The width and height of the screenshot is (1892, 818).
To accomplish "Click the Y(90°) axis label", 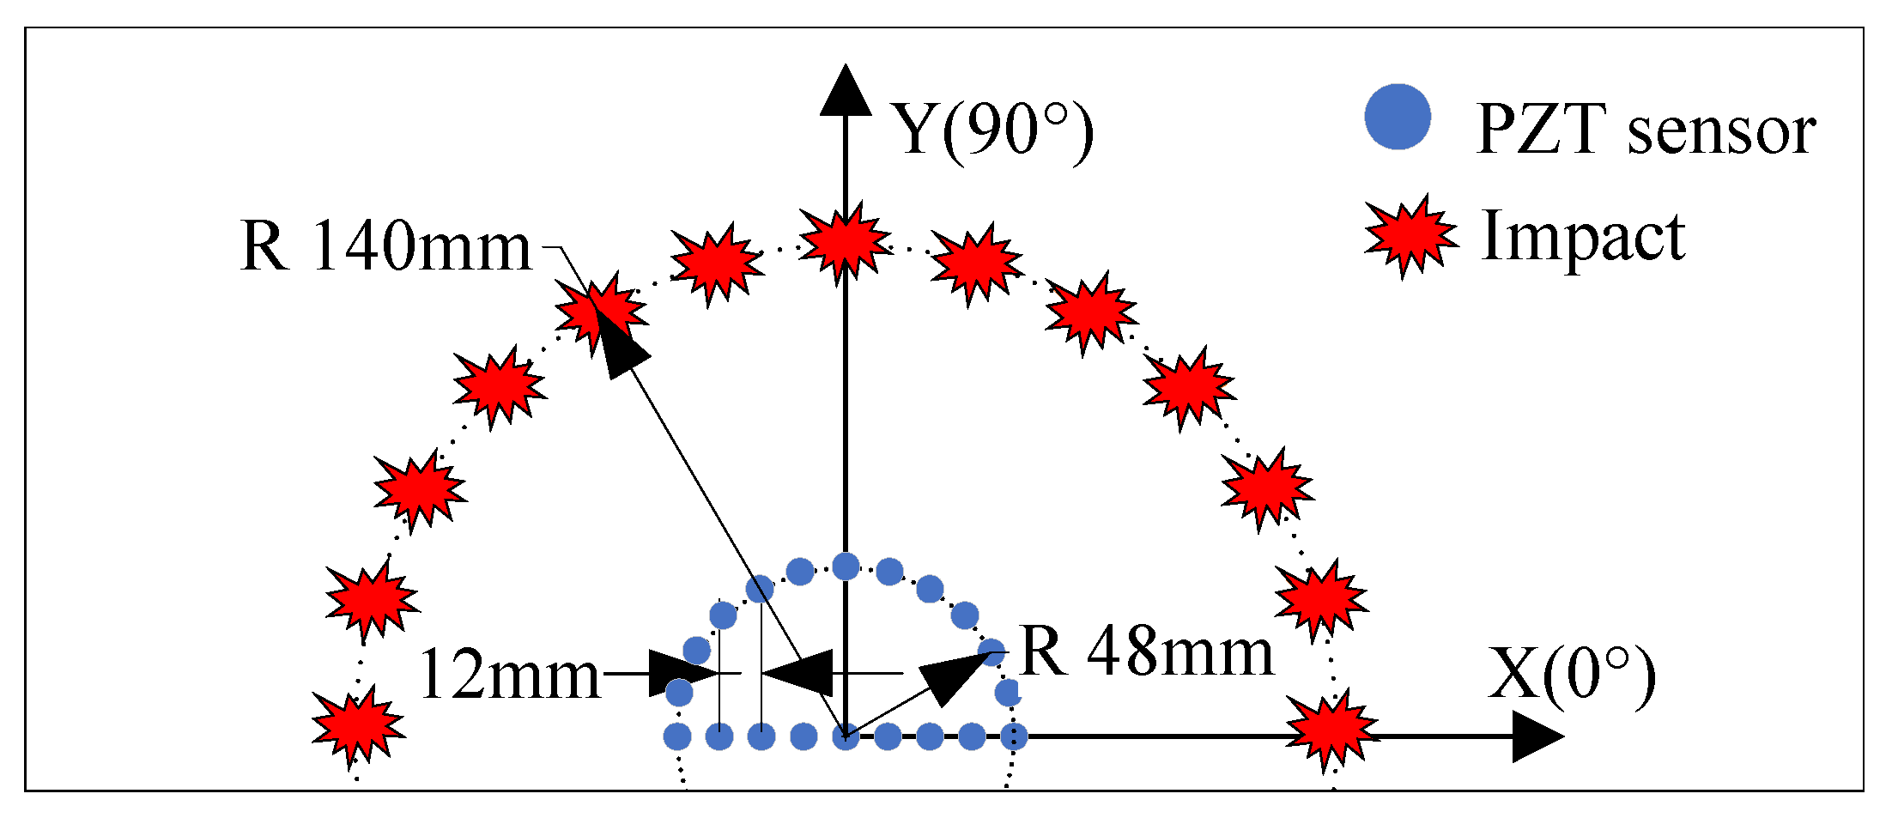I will tap(992, 130).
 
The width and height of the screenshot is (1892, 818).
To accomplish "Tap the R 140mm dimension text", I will tap(386, 246).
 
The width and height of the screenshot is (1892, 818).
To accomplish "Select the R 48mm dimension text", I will tap(1147, 652).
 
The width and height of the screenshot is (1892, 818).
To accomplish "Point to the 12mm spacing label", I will tap(509, 676).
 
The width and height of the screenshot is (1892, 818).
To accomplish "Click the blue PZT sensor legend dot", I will tap(1398, 117).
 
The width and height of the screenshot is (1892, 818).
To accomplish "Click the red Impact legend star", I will tap(1410, 235).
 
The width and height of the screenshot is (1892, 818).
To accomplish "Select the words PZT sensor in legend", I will tap(1645, 130).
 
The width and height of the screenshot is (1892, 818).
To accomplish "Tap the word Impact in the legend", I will tap(1583, 235).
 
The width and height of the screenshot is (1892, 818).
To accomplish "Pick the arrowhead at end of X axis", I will tap(1537, 736).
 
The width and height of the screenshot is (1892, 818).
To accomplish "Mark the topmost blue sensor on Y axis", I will tap(846, 567).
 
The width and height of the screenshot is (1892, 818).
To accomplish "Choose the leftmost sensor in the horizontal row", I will tap(677, 736).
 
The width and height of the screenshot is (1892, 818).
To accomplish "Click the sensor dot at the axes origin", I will tap(846, 736).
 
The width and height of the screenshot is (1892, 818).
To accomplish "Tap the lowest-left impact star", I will tap(357, 726).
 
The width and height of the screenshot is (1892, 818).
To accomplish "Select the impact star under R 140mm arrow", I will tap(600, 311).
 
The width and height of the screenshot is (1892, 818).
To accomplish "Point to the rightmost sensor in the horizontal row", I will tap(1014, 736).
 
